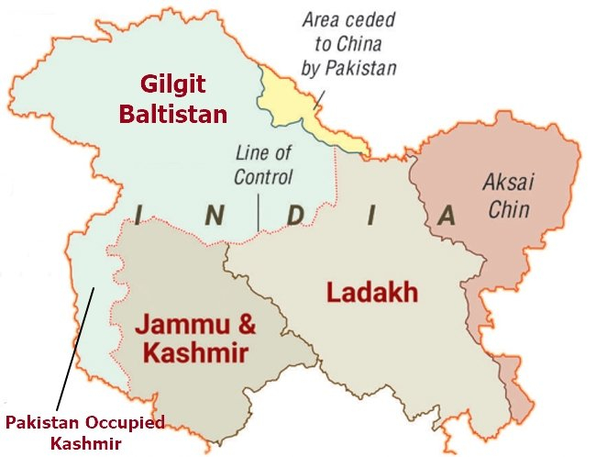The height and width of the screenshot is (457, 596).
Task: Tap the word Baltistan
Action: [183, 115]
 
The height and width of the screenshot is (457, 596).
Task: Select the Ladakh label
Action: [371, 293]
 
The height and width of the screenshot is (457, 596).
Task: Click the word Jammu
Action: [180, 325]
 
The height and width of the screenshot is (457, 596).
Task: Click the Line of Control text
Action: [263, 164]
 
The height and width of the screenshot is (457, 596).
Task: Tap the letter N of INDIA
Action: [214, 216]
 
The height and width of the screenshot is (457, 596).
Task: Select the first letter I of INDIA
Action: [138, 216]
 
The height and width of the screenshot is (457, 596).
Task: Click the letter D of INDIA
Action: [294, 216]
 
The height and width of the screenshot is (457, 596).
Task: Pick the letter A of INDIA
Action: [447, 216]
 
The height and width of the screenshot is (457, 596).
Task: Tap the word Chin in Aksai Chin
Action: [508, 209]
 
